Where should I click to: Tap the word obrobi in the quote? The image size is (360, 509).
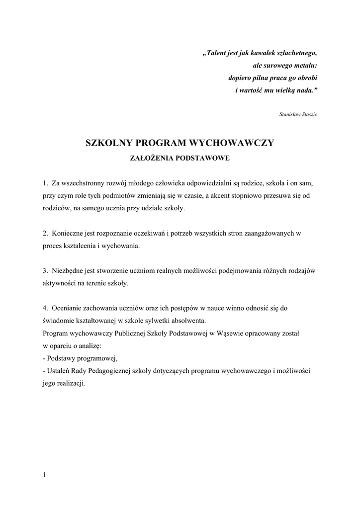click(x=305, y=78)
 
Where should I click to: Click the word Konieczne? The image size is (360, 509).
click(x=69, y=233)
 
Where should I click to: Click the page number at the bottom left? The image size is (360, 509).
click(x=44, y=475)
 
